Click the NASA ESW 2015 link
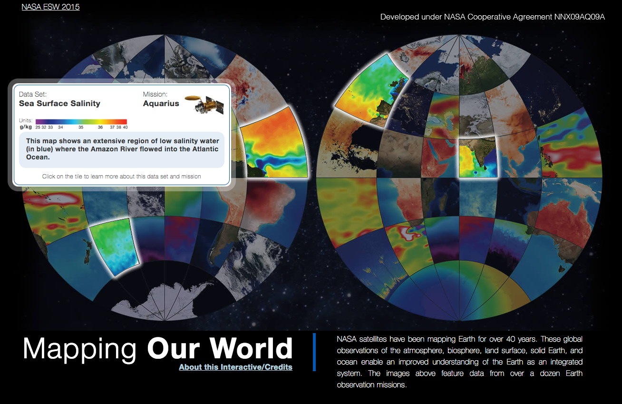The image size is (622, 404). (50, 7)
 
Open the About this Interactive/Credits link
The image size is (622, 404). (235, 367)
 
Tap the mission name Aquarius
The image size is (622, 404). (161, 103)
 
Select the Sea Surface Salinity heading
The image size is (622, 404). (59, 103)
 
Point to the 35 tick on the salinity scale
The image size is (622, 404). (81, 127)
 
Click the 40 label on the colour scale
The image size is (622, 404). (125, 127)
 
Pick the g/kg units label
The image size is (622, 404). (25, 127)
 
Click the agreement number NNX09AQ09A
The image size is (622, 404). (579, 17)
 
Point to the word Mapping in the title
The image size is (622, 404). (79, 348)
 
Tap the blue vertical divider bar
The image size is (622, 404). (314, 352)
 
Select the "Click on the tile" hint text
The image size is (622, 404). (121, 177)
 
